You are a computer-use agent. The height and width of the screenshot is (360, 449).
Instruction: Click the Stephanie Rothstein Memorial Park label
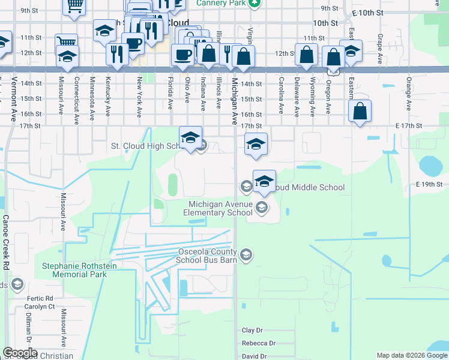(x=74, y=270)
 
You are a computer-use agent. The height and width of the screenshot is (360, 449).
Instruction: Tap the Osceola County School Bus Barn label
(x=206, y=256)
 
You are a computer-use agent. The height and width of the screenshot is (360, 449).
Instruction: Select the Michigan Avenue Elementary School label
(x=218, y=209)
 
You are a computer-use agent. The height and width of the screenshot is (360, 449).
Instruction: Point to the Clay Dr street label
(x=252, y=331)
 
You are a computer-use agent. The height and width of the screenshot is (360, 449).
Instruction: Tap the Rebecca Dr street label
(x=259, y=343)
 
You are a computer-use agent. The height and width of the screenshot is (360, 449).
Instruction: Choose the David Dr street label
(x=255, y=356)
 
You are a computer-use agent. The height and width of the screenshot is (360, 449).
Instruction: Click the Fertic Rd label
(x=41, y=298)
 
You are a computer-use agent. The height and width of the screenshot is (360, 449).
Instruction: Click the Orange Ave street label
(x=408, y=93)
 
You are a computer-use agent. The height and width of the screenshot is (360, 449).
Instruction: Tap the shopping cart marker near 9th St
(x=74, y=6)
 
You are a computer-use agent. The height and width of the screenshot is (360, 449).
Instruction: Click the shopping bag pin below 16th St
(x=360, y=111)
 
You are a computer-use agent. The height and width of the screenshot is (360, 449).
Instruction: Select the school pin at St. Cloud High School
(x=190, y=137)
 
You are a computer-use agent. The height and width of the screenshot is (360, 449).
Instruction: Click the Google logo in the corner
(x=20, y=353)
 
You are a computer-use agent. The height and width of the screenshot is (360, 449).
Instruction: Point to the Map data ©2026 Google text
(x=412, y=355)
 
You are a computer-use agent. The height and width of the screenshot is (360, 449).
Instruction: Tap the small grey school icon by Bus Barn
(x=246, y=256)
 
